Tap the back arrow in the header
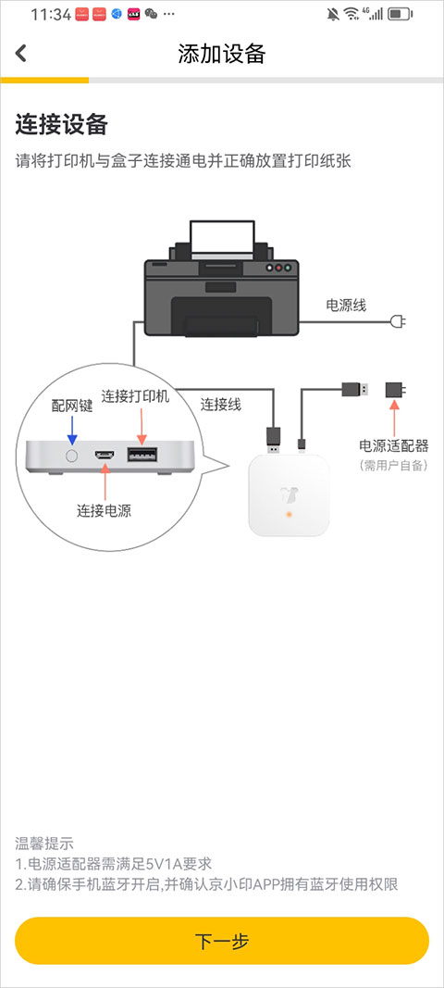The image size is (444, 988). click(x=21, y=54)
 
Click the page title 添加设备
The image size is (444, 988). click(x=222, y=54)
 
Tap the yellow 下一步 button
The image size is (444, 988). click(x=222, y=941)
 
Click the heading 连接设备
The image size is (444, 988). click(x=62, y=125)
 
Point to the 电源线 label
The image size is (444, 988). click(x=346, y=305)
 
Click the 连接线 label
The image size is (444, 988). click(x=221, y=404)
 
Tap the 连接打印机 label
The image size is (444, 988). click(x=135, y=395)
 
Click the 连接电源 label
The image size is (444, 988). click(x=104, y=509)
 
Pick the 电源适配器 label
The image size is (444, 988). click(x=394, y=445)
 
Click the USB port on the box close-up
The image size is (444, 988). click(x=141, y=455)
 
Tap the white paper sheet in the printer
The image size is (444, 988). click(x=222, y=240)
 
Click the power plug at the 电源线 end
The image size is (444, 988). click(x=399, y=322)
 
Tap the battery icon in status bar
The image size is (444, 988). click(x=401, y=14)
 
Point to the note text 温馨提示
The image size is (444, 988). click(x=43, y=843)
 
